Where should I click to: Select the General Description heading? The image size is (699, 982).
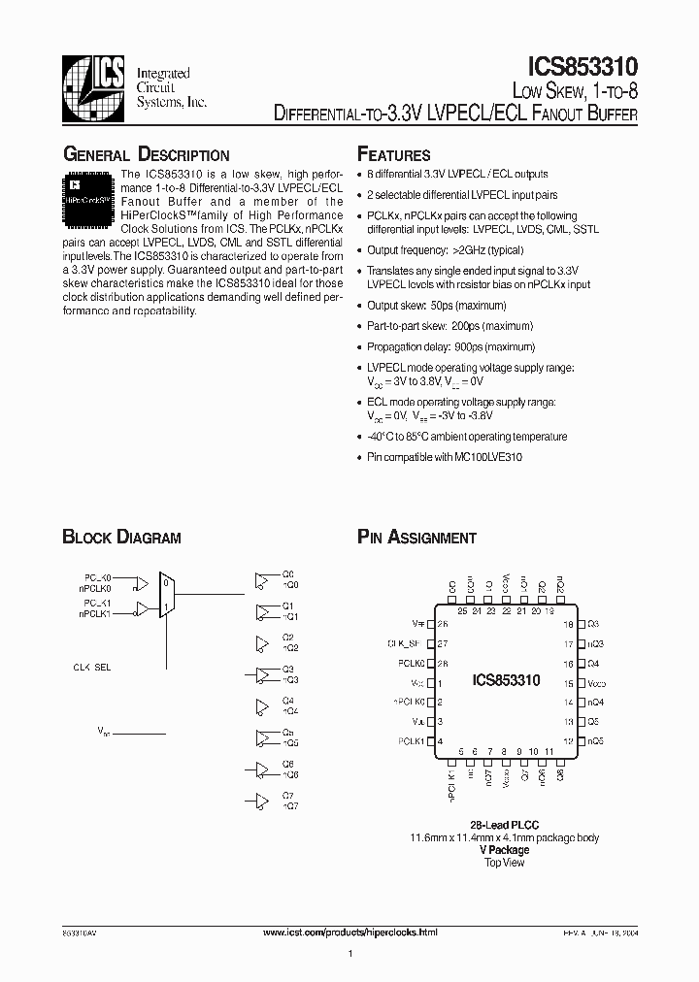tap(146, 155)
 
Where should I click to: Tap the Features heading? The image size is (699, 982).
tap(393, 155)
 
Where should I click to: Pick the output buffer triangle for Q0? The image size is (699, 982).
tap(261, 580)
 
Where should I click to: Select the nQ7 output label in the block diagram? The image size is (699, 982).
tap(289, 806)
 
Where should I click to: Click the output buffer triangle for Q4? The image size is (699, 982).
tap(261, 705)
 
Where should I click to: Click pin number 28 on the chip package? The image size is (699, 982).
tap(442, 664)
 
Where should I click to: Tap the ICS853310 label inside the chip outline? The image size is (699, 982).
tap(505, 682)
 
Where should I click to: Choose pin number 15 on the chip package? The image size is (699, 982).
tap(570, 683)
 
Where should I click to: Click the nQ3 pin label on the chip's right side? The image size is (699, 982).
tap(595, 644)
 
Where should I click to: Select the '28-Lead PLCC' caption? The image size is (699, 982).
tap(506, 825)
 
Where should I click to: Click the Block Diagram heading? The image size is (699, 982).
tap(121, 538)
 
